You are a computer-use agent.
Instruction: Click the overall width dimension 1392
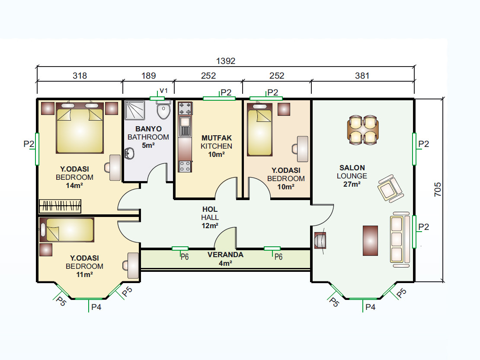point(226,61)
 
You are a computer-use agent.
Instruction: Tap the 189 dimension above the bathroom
point(148,76)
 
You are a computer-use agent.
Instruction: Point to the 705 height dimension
point(438,189)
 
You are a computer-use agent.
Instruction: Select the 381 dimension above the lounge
point(362,76)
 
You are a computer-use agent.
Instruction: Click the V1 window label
point(164,90)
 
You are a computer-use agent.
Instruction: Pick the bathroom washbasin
point(129,153)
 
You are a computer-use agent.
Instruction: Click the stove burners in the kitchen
point(185,108)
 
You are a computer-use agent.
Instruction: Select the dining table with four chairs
point(363,130)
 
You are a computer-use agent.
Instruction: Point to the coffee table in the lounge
point(370,241)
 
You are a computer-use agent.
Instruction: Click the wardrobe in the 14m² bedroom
point(60,206)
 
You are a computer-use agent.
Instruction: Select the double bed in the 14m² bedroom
point(80,128)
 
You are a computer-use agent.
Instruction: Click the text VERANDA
point(225,255)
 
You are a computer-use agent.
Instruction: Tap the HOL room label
point(210,210)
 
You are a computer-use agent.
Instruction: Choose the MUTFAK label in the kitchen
point(217,138)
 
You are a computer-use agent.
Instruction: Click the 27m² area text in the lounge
point(352,184)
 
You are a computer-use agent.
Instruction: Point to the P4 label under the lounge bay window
point(371,307)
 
